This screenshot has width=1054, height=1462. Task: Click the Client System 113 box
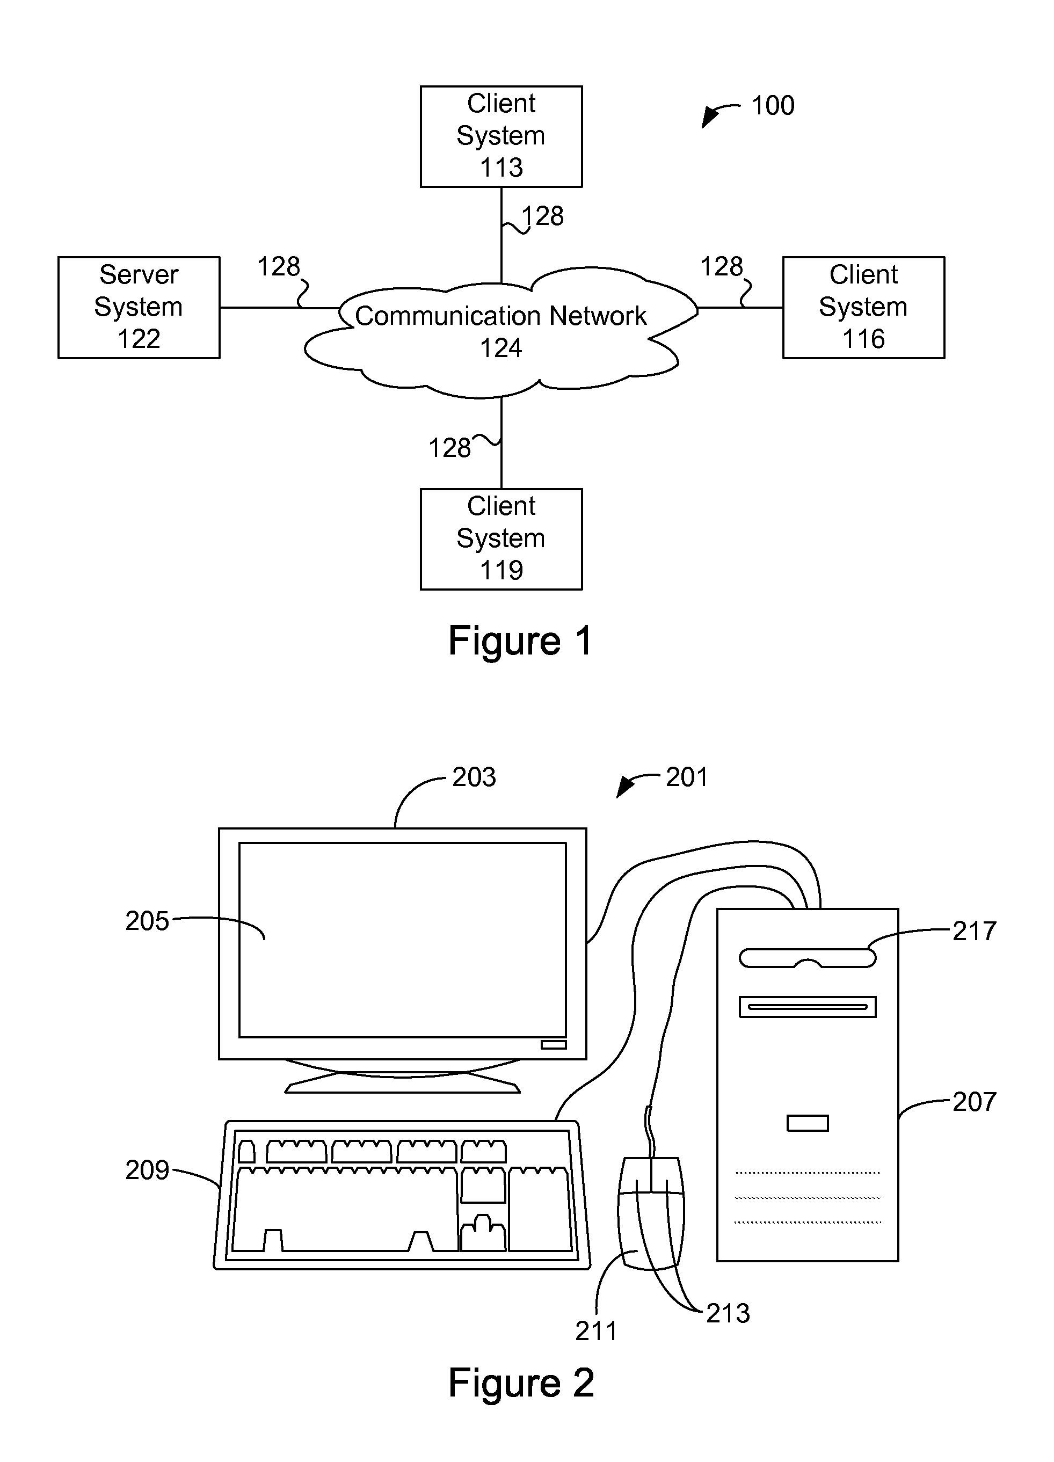point(501,136)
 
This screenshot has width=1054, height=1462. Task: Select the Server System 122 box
point(139,307)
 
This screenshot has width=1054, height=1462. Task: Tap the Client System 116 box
point(863,307)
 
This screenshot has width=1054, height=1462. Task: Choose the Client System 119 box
point(501,539)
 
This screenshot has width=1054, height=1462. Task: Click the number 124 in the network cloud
point(501,348)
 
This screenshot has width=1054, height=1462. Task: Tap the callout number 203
point(474,777)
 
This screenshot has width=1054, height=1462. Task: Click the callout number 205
point(147,921)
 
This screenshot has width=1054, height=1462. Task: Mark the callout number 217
point(974,931)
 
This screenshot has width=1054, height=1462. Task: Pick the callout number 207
point(974,1102)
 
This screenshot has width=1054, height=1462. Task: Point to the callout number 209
point(147,1170)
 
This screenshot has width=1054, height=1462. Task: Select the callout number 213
point(728,1313)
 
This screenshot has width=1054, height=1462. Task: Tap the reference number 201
point(687,777)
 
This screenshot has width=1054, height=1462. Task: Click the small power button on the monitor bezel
point(553,1044)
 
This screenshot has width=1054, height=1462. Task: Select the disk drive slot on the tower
point(807,1006)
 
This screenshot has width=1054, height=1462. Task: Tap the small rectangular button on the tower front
point(807,1123)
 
